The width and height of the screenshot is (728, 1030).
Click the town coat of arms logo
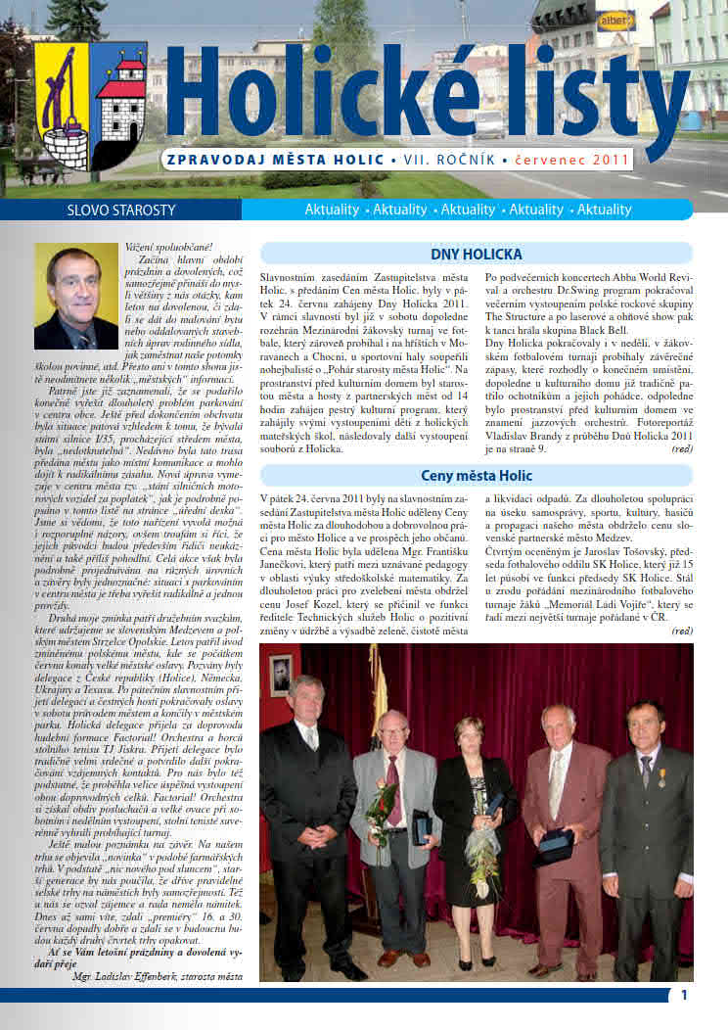pyautogui.click(x=90, y=106)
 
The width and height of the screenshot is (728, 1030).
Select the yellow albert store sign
pyautogui.click(x=615, y=18)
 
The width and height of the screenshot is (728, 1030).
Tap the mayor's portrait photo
pyautogui.click(x=75, y=297)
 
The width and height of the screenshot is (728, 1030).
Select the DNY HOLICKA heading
pyautogui.click(x=477, y=255)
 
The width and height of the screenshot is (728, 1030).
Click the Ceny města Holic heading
pyautogui.click(x=477, y=476)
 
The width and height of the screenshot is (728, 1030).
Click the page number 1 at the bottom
pyautogui.click(x=684, y=995)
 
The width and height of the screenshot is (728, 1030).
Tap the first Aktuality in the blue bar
pyautogui.click(x=339, y=210)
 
